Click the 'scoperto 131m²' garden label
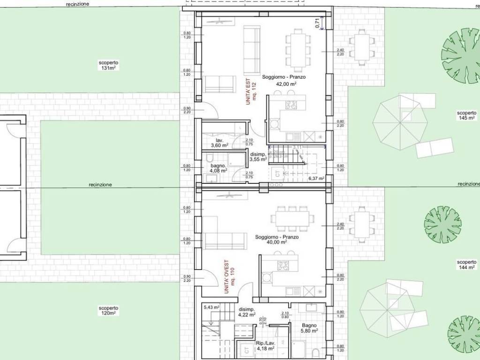pos(108,65)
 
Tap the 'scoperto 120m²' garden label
pos(108,310)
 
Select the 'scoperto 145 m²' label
pos(467,115)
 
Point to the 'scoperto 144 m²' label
pos(467,264)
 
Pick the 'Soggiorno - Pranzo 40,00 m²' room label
pos(277,240)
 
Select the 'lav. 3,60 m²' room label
pos(219,143)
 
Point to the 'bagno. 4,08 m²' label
pos(219,168)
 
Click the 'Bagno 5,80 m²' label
pos(309,328)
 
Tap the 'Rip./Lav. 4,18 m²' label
pos(266,346)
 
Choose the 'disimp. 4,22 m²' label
pos(247,312)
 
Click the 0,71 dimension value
pos(317,23)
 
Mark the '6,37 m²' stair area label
pos(316,178)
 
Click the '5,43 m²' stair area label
pos(211,307)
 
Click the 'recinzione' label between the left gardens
pos(100,185)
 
